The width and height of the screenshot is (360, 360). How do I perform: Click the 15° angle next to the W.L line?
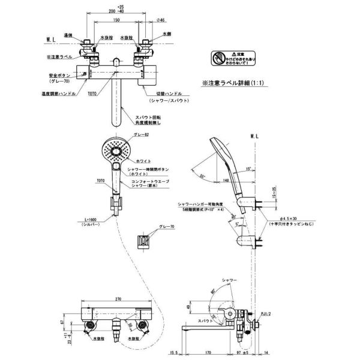249,170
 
